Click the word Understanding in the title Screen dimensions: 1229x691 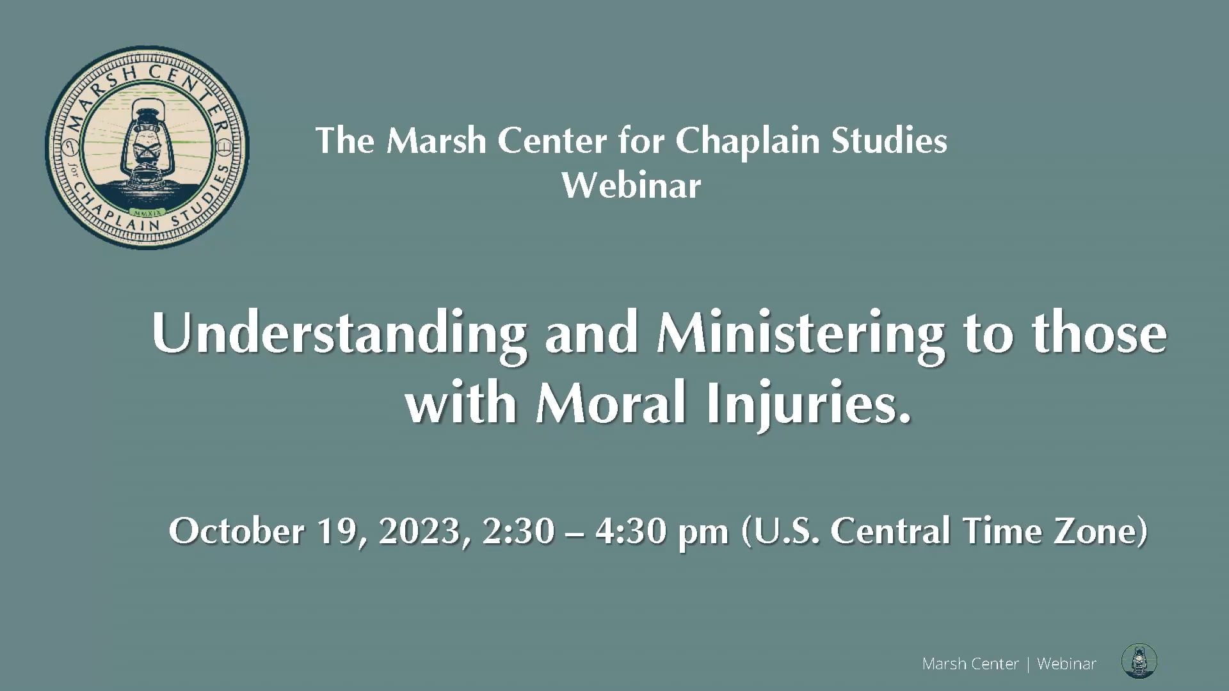click(339, 335)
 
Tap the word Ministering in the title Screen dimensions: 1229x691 click(800, 335)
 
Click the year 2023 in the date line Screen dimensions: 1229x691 click(419, 532)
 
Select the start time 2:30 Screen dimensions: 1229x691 click(518, 531)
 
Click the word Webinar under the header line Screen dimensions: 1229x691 click(632, 186)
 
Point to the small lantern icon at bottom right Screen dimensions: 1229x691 click(1139, 662)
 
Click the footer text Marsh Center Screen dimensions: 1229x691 click(970, 664)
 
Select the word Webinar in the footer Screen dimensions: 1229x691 click(1066, 664)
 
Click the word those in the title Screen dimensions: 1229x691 click(1100, 335)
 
